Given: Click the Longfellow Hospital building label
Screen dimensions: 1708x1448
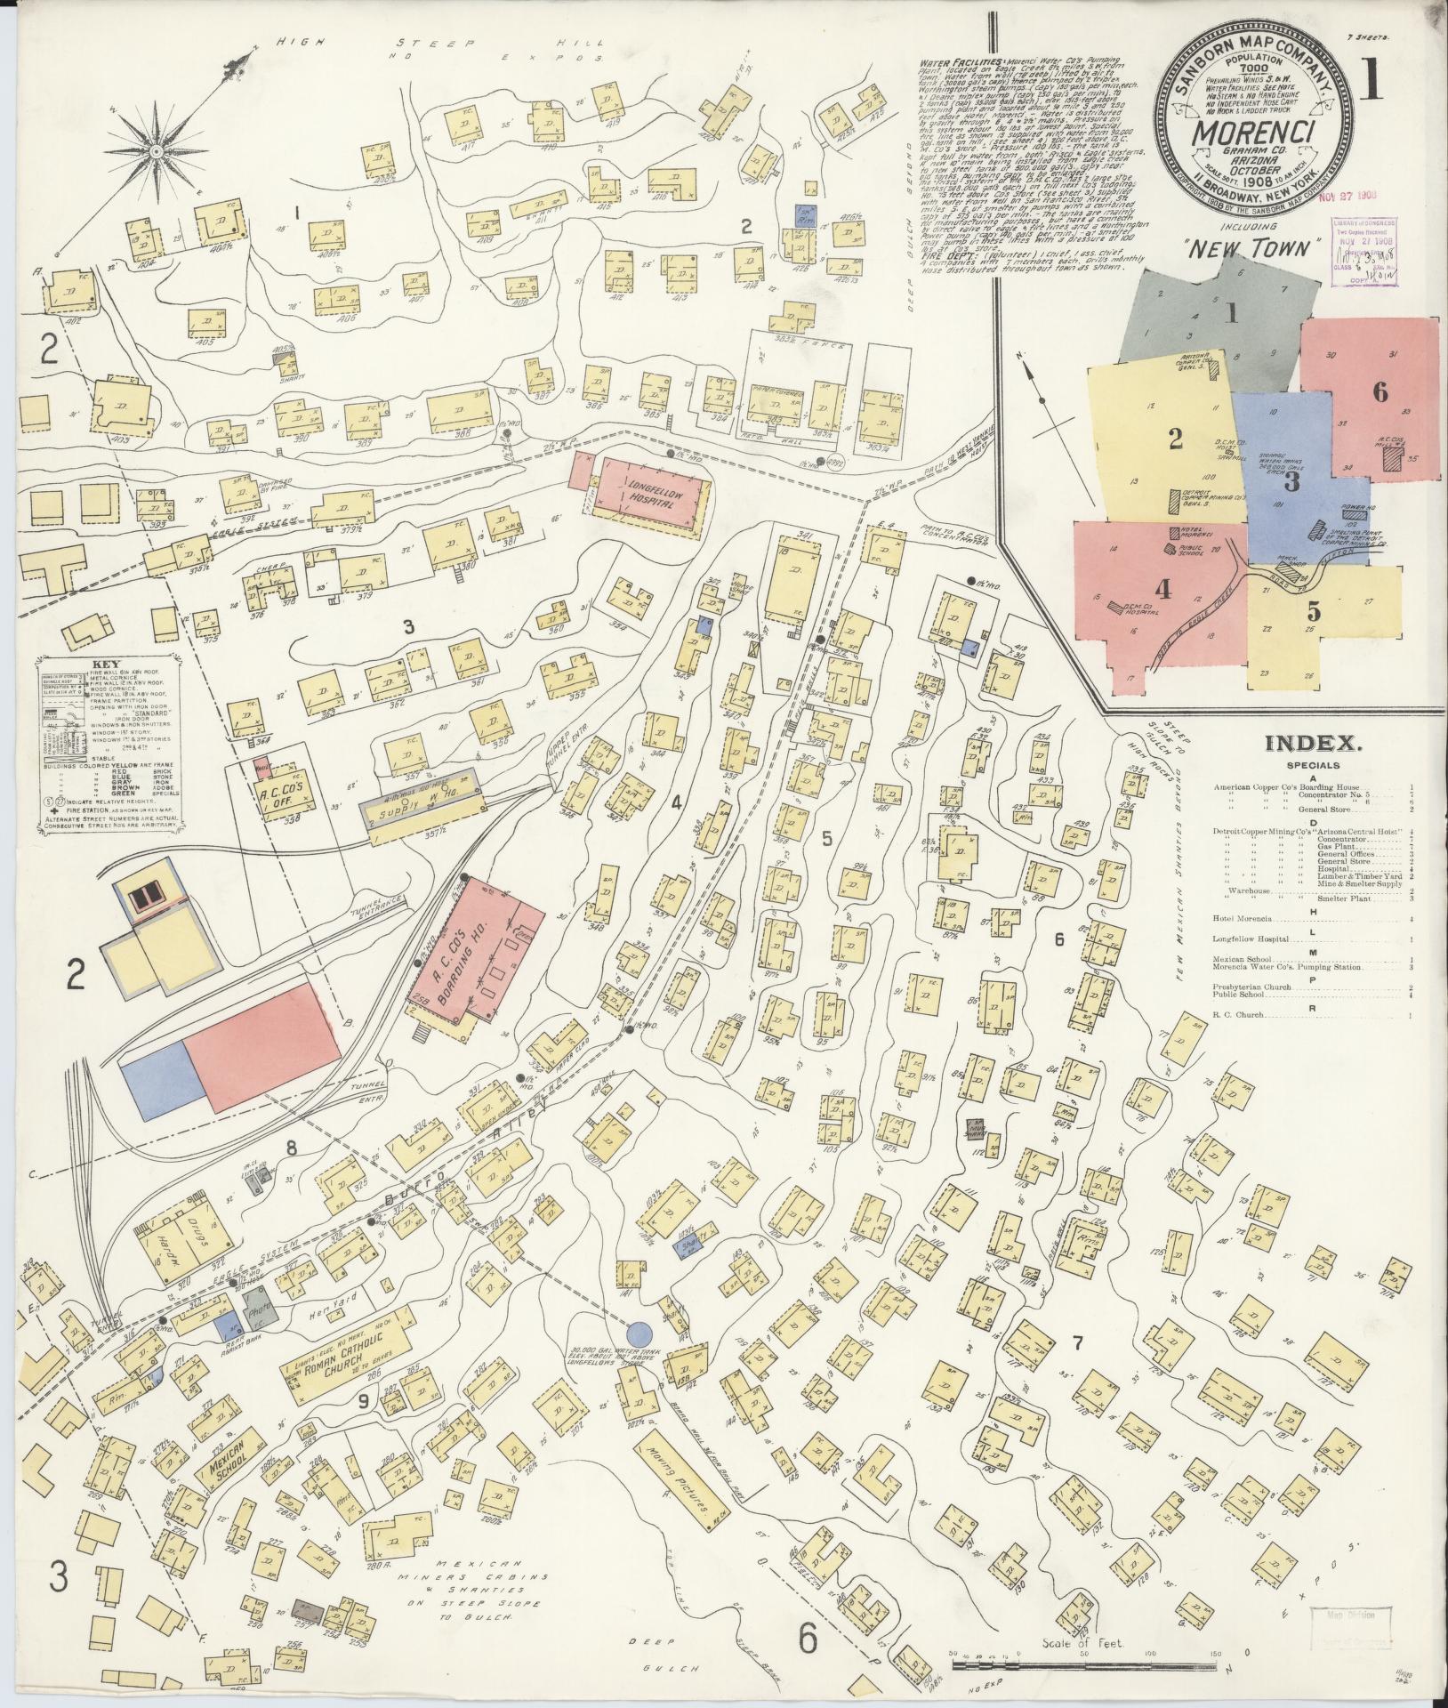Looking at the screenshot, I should coord(647,495).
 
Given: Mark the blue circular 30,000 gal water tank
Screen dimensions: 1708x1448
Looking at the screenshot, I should coord(639,1358).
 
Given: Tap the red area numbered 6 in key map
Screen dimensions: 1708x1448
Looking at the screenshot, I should coord(1379,391).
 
